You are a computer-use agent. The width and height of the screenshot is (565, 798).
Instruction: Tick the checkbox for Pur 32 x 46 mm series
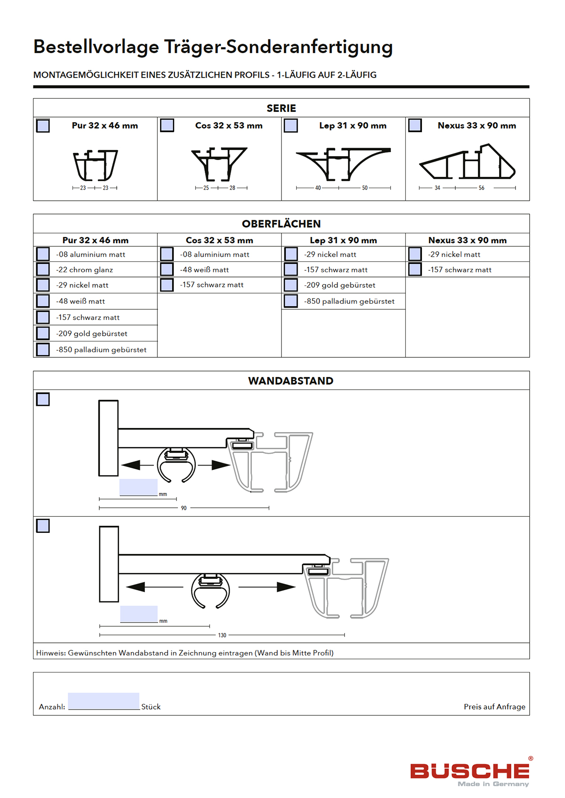(x=43, y=126)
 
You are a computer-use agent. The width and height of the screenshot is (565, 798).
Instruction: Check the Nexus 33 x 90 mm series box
(x=415, y=126)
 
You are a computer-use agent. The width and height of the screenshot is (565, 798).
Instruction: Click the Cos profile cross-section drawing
(x=219, y=164)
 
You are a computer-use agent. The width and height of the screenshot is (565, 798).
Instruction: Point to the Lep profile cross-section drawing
(x=343, y=164)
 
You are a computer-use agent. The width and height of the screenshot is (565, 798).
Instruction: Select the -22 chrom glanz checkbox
(x=43, y=269)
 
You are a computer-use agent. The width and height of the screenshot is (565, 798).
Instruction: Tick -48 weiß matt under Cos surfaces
(x=167, y=269)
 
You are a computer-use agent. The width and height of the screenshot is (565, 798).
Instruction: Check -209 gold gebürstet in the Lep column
(x=291, y=285)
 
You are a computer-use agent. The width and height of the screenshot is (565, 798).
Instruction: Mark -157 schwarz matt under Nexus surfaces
(x=415, y=269)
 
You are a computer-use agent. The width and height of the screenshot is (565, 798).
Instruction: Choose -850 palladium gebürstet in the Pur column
(x=43, y=349)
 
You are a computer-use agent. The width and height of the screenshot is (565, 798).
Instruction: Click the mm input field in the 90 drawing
(x=138, y=487)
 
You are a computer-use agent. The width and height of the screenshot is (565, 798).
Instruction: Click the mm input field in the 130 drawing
(x=139, y=614)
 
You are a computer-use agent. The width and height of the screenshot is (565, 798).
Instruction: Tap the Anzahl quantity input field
(x=104, y=701)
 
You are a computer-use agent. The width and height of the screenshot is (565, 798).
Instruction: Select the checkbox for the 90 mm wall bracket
(x=43, y=399)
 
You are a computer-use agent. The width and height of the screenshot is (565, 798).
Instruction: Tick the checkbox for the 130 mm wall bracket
(x=43, y=526)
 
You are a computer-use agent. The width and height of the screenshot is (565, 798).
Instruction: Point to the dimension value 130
(x=222, y=635)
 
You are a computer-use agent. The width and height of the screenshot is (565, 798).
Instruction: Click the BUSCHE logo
(x=470, y=772)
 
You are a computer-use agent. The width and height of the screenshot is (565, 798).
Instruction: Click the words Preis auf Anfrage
(x=494, y=707)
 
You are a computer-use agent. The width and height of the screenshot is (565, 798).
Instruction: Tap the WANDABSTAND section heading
(x=291, y=381)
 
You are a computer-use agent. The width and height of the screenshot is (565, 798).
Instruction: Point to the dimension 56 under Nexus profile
(x=481, y=188)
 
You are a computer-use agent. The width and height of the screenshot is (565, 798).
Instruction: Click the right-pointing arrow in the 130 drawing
(x=285, y=587)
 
